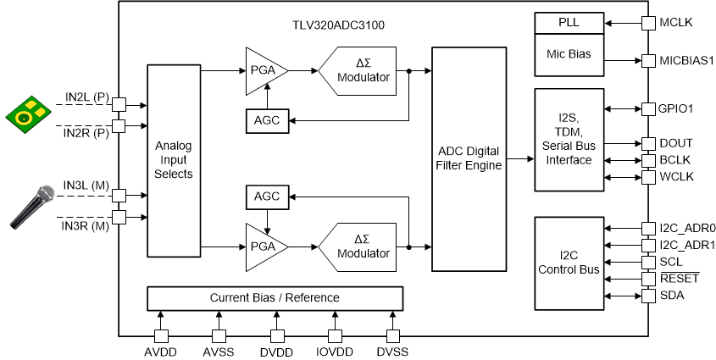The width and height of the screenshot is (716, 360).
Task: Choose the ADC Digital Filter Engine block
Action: coord(468,158)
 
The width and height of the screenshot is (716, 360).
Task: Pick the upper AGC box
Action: coord(266,121)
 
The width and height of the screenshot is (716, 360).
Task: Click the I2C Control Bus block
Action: coord(569,263)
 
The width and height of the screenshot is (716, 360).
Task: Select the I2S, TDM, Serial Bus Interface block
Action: coord(569,139)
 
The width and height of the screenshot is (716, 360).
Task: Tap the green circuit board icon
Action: coord(27,112)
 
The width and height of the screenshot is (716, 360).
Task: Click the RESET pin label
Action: coord(677,278)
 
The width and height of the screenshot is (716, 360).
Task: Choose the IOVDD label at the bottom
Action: coord(333,351)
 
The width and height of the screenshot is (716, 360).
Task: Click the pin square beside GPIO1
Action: coord(648,109)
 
